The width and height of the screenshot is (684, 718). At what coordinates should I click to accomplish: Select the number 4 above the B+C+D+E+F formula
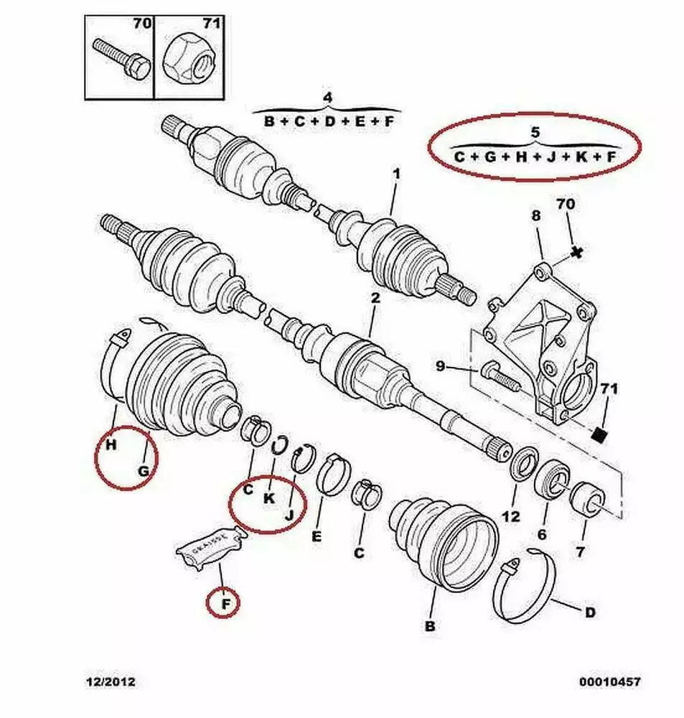(x=327, y=97)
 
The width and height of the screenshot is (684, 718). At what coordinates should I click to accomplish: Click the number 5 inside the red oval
(x=535, y=132)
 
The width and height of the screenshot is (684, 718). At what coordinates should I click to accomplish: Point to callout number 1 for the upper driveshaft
(x=396, y=174)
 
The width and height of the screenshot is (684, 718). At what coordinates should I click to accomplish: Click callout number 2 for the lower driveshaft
(x=375, y=298)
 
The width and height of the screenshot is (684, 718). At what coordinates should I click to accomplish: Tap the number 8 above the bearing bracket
(x=536, y=215)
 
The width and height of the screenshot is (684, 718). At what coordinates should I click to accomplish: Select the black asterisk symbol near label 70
(x=578, y=252)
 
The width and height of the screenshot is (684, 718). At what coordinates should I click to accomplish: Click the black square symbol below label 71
(x=599, y=434)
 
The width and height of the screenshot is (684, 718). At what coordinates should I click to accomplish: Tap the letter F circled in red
(x=225, y=604)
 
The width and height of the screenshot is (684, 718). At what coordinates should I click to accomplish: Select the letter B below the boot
(x=430, y=625)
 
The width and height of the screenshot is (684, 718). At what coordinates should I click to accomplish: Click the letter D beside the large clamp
(x=590, y=612)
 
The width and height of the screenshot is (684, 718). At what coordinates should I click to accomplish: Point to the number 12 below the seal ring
(x=512, y=516)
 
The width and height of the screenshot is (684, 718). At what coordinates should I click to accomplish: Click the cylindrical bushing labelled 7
(x=589, y=500)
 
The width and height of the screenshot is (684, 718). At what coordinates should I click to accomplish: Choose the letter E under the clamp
(x=317, y=536)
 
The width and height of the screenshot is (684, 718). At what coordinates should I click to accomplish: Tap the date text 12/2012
(x=111, y=682)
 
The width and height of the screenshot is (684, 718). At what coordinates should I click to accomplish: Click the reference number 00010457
(x=609, y=682)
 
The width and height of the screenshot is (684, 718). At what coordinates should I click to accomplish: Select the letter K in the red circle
(x=269, y=498)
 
